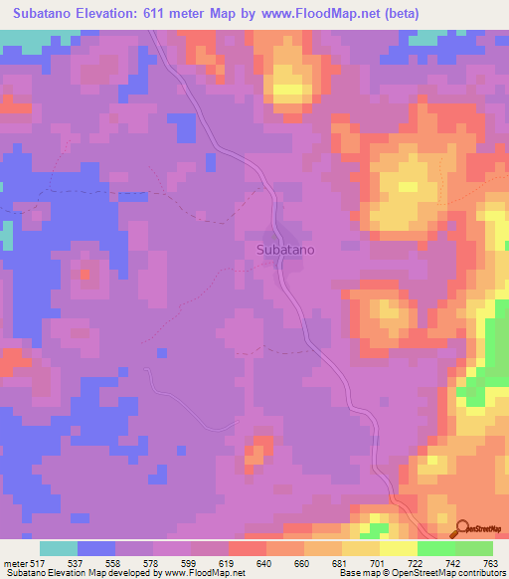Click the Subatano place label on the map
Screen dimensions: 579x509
285,250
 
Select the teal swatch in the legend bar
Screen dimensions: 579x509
59,549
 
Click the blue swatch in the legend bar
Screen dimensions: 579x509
96,549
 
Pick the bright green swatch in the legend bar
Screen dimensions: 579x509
435,549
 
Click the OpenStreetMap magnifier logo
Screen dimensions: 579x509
460,528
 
